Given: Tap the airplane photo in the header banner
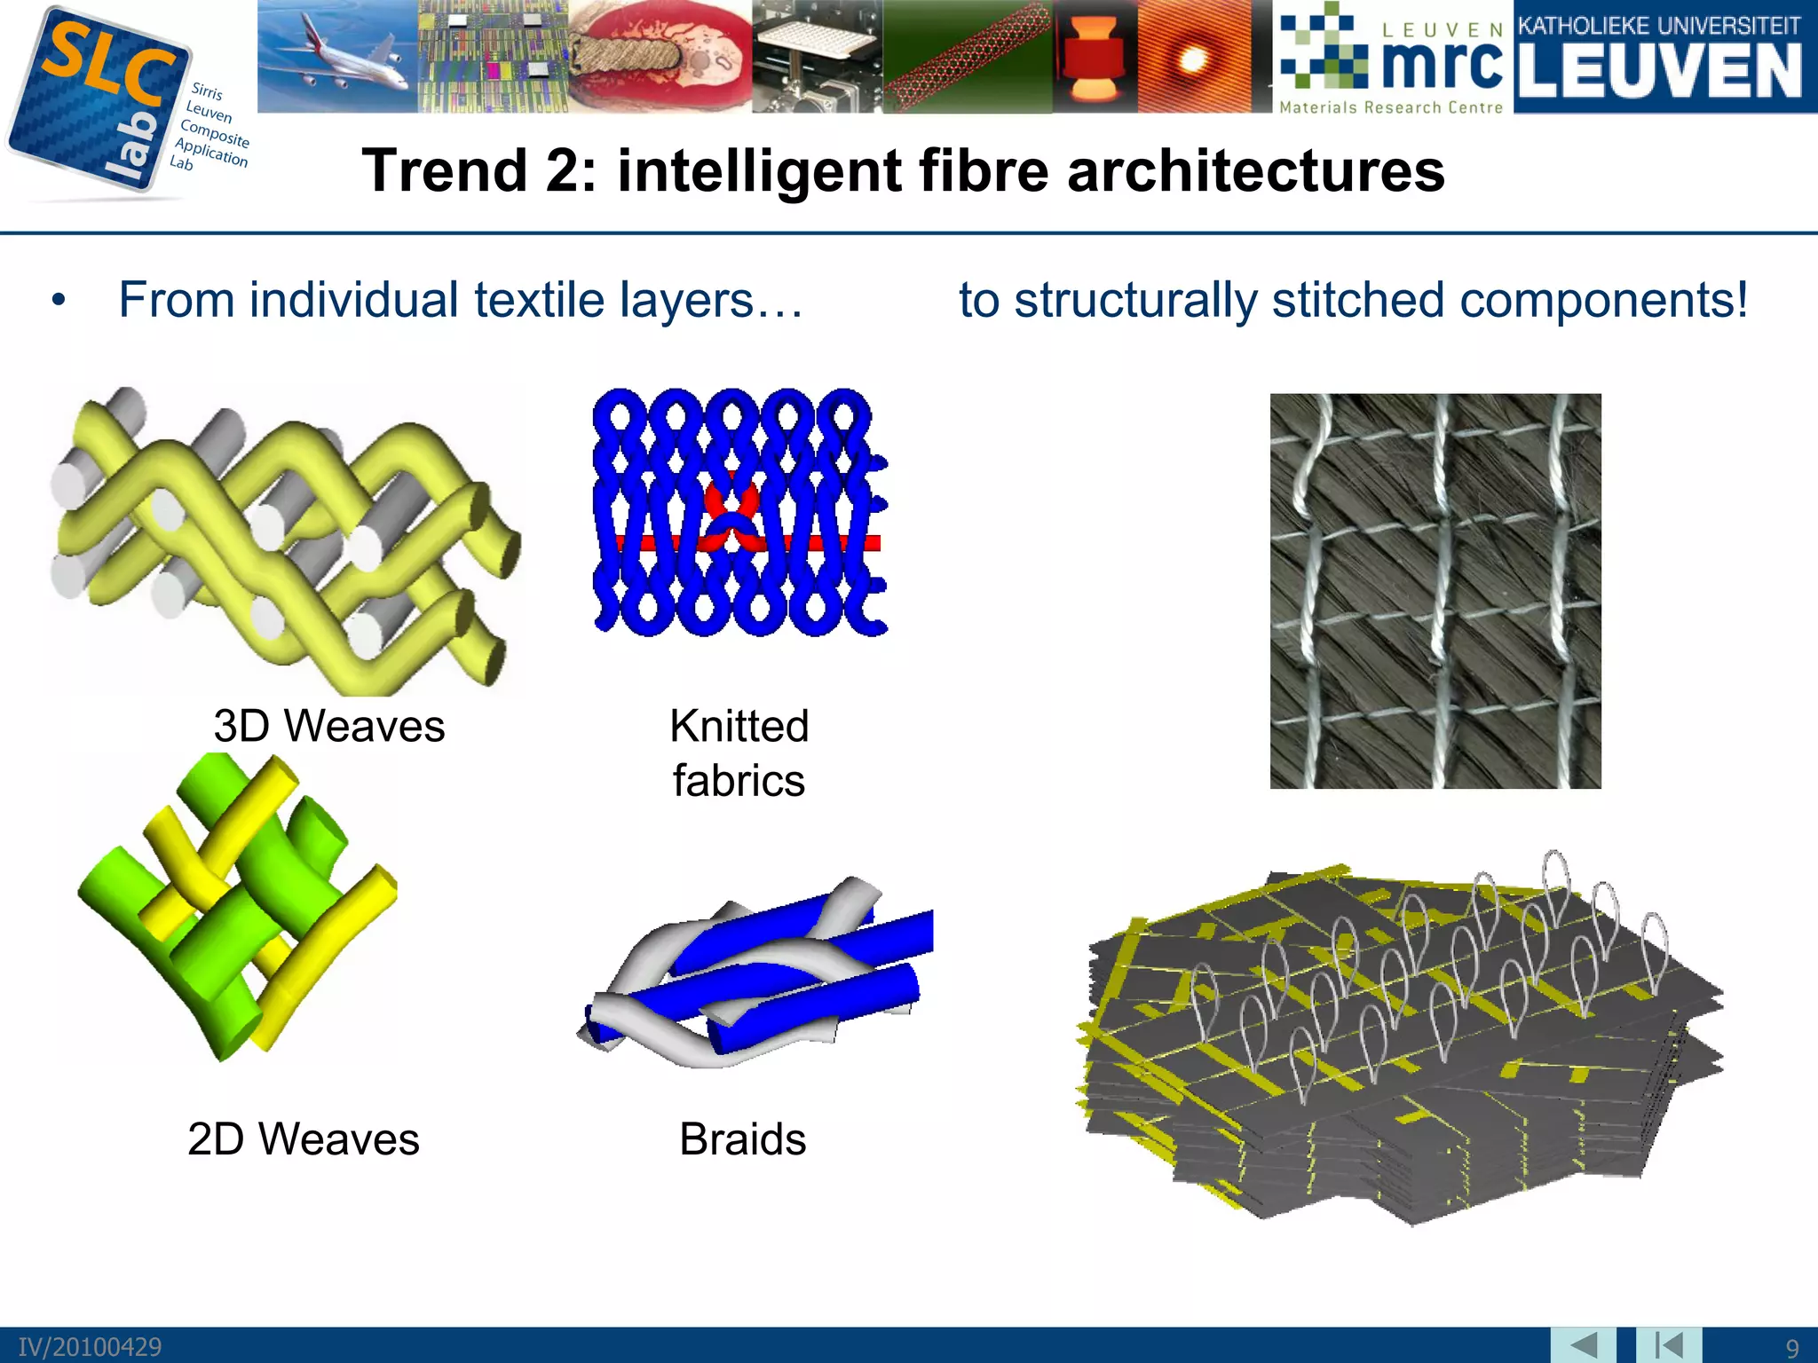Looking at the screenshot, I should [x=337, y=55].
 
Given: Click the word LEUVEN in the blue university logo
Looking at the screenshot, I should [x=1659, y=73].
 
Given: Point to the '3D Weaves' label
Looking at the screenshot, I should [x=328, y=726].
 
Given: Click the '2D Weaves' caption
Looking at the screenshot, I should [x=303, y=1138].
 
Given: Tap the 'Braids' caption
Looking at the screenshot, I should [x=742, y=1138].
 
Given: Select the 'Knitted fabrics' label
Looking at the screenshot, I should [x=739, y=752].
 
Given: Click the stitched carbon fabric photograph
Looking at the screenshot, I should [x=1435, y=591].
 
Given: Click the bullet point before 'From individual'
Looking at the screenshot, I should [x=59, y=301].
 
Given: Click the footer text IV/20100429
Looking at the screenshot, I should [x=90, y=1348].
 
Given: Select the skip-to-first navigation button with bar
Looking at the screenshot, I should [x=1668, y=1345].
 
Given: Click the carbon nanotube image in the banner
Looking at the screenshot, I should [x=968, y=57].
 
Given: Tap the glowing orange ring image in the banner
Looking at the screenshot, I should [x=1193, y=57].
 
